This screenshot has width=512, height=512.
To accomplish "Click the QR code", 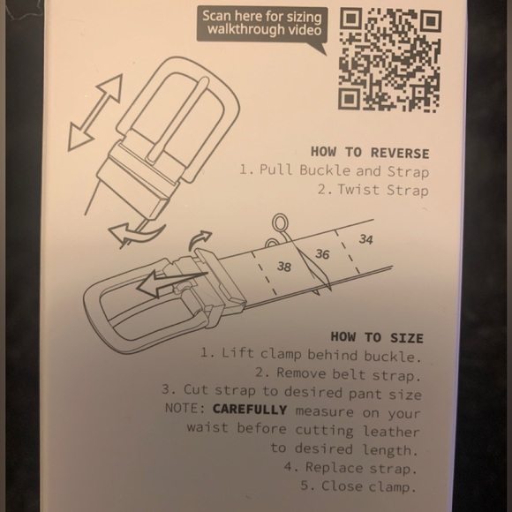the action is click(389, 60).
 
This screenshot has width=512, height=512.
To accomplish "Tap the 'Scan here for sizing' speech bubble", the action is click(262, 26).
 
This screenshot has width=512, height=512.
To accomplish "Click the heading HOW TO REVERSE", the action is click(370, 153).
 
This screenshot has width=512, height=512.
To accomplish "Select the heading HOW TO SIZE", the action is click(377, 337).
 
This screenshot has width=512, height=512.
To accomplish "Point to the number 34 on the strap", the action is click(365, 239).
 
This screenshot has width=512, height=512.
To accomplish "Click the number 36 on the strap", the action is click(322, 254).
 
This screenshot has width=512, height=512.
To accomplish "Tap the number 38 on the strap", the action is click(283, 267).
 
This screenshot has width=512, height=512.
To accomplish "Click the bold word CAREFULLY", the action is click(250, 410).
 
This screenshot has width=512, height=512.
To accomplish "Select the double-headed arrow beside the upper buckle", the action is click(95, 112).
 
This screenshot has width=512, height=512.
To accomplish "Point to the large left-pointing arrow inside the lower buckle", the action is click(171, 282).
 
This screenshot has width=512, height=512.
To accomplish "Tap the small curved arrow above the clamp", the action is click(200, 239).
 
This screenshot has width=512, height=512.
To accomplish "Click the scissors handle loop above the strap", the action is click(280, 223).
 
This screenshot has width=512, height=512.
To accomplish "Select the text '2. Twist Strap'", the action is click(373, 190).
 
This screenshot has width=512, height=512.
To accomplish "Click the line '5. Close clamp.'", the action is click(359, 486).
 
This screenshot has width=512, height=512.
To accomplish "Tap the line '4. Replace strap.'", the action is click(350, 468).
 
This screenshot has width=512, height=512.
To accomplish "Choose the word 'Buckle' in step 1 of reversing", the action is click(324, 170).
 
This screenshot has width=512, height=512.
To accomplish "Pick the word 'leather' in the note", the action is click(392, 432).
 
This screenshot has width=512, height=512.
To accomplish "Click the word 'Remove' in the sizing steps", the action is click(301, 373).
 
